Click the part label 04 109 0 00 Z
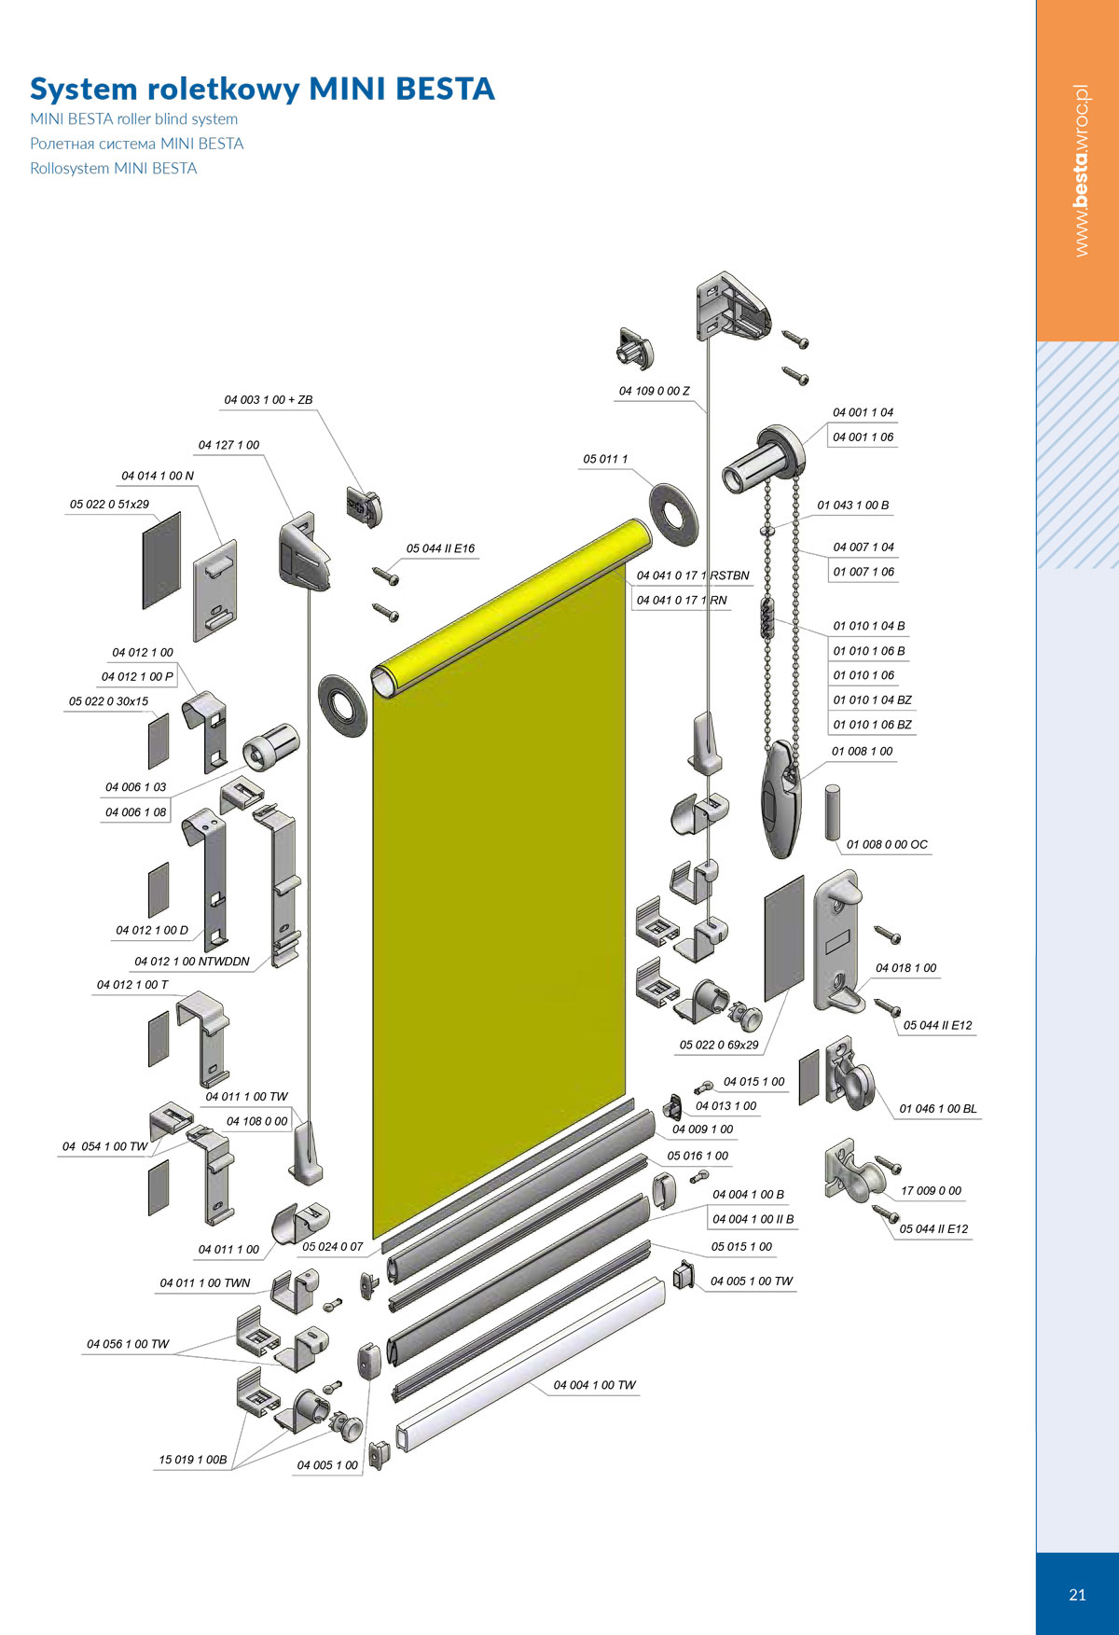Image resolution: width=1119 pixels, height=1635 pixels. pyautogui.click(x=655, y=391)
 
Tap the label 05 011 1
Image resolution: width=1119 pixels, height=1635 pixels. pyautogui.click(x=606, y=459)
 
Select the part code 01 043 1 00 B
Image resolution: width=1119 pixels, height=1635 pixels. pyautogui.click(x=853, y=506)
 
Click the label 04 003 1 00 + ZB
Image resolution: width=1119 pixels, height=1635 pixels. pyautogui.click(x=269, y=400)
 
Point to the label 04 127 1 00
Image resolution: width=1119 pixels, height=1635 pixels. pyautogui.click(x=228, y=445)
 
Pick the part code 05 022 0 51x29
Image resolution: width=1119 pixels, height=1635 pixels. pyautogui.click(x=109, y=505)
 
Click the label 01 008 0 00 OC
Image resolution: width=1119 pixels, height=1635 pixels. pyautogui.click(x=888, y=845)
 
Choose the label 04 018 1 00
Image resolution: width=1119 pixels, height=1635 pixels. pyautogui.click(x=906, y=968)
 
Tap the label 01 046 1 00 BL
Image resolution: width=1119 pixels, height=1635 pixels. pyautogui.click(x=938, y=1109)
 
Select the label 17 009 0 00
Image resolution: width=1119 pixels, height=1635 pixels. pyautogui.click(x=931, y=1191)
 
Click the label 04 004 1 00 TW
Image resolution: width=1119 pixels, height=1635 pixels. pyautogui.click(x=595, y=1385)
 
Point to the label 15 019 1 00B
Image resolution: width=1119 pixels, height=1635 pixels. pyautogui.click(x=193, y=1460)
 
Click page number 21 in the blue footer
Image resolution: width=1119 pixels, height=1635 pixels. pyautogui.click(x=1077, y=1595)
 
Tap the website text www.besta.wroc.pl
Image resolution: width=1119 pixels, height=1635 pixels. pyautogui.click(x=1081, y=171)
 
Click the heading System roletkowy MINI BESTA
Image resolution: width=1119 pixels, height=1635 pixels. pyautogui.click(x=262, y=89)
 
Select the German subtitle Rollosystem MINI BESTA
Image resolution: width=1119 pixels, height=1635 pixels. pyautogui.click(x=114, y=169)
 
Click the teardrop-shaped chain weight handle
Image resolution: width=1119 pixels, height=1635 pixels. pyautogui.click(x=781, y=797)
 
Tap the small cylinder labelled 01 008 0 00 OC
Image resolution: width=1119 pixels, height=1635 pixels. pyautogui.click(x=833, y=812)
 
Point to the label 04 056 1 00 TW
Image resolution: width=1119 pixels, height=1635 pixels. pyautogui.click(x=128, y=1344)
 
